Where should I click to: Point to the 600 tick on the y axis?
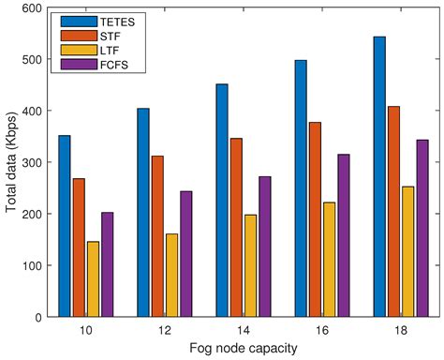(33, 8)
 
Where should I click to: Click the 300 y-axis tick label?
(33, 162)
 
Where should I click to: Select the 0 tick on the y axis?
(38, 317)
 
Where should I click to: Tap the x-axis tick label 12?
(164, 330)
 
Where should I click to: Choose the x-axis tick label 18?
(400, 330)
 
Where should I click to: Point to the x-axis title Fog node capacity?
(243, 349)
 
